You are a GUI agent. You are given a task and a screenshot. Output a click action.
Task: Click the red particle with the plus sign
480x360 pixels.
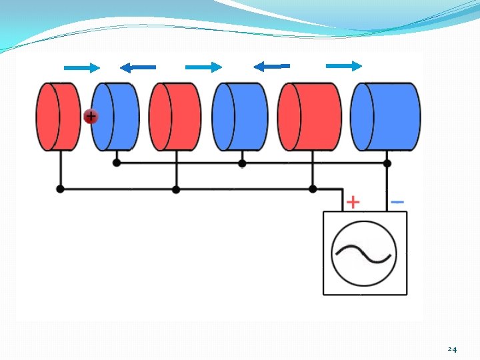tap(91, 117)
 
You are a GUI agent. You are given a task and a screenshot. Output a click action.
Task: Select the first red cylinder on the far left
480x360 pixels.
tap(58, 117)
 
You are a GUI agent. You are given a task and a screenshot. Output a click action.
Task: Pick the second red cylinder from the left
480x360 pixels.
tap(175, 117)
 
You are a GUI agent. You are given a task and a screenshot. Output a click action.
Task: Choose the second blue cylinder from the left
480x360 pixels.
tap(240, 117)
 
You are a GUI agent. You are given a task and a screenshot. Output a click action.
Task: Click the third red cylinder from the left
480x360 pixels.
tap(309, 117)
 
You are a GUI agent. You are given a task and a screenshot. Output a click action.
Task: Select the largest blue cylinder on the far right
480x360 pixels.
tap(386, 117)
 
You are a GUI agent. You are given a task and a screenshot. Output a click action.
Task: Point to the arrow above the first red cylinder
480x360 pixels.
tap(81, 67)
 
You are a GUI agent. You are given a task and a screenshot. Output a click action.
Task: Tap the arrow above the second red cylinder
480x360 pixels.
tap(203, 67)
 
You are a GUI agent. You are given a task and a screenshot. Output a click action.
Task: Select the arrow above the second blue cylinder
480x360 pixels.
tap(271, 66)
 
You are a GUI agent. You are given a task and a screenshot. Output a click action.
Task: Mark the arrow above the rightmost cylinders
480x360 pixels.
tap(344, 65)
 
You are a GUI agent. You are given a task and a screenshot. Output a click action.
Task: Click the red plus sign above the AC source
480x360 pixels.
tap(353, 201)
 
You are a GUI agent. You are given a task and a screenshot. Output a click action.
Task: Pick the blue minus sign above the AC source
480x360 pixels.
tap(397, 201)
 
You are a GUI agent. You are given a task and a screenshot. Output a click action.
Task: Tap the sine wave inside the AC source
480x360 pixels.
tap(363, 253)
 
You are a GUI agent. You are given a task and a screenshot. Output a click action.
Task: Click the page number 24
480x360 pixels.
tap(452, 349)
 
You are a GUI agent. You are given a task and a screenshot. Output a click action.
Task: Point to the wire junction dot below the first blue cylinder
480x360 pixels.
tap(117, 163)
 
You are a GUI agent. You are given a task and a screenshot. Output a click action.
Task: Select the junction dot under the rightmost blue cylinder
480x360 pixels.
tap(387, 163)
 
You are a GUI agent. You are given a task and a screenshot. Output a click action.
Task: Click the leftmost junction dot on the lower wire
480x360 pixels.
tap(61, 189)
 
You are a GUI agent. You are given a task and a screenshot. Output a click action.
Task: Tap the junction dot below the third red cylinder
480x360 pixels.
tap(313, 189)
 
